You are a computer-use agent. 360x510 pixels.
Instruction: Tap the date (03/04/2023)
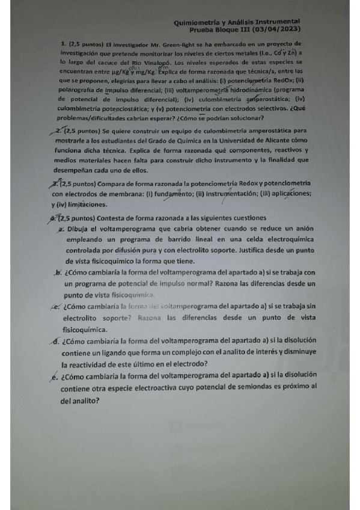tap(273, 28)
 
